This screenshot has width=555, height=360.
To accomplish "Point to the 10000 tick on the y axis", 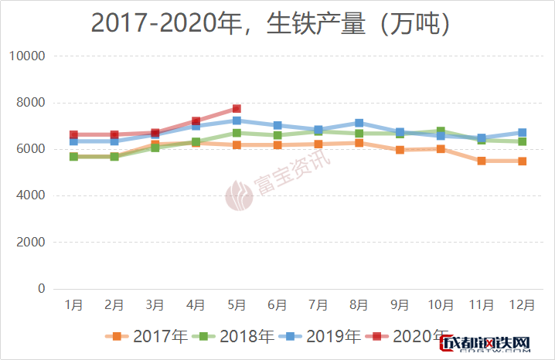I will [27, 56].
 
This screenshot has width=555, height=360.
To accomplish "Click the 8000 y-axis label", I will [30, 103].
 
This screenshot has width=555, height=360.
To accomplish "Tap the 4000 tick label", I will [30, 196].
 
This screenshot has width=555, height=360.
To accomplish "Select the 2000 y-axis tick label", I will [30, 243].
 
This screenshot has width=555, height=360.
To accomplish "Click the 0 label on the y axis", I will [41, 289].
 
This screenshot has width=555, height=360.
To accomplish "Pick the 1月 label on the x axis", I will [74, 305].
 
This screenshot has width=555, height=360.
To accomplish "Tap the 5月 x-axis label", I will [237, 305].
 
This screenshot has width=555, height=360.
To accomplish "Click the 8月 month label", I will [359, 305].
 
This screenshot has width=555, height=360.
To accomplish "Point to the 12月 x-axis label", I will [522, 305].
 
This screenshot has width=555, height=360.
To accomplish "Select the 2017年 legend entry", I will [150, 336].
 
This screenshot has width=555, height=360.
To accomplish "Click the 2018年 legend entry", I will [237, 336].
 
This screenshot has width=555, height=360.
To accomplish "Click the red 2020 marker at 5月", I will [237, 109].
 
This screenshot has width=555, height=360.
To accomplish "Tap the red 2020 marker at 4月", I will [196, 122].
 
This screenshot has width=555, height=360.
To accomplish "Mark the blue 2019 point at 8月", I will [359, 123].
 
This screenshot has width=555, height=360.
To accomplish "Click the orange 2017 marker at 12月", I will [522, 161].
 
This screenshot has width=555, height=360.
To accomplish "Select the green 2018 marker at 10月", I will [441, 132].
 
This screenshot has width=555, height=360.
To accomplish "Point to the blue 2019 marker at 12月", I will [522, 133].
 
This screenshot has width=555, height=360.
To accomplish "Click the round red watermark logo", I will [238, 195].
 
